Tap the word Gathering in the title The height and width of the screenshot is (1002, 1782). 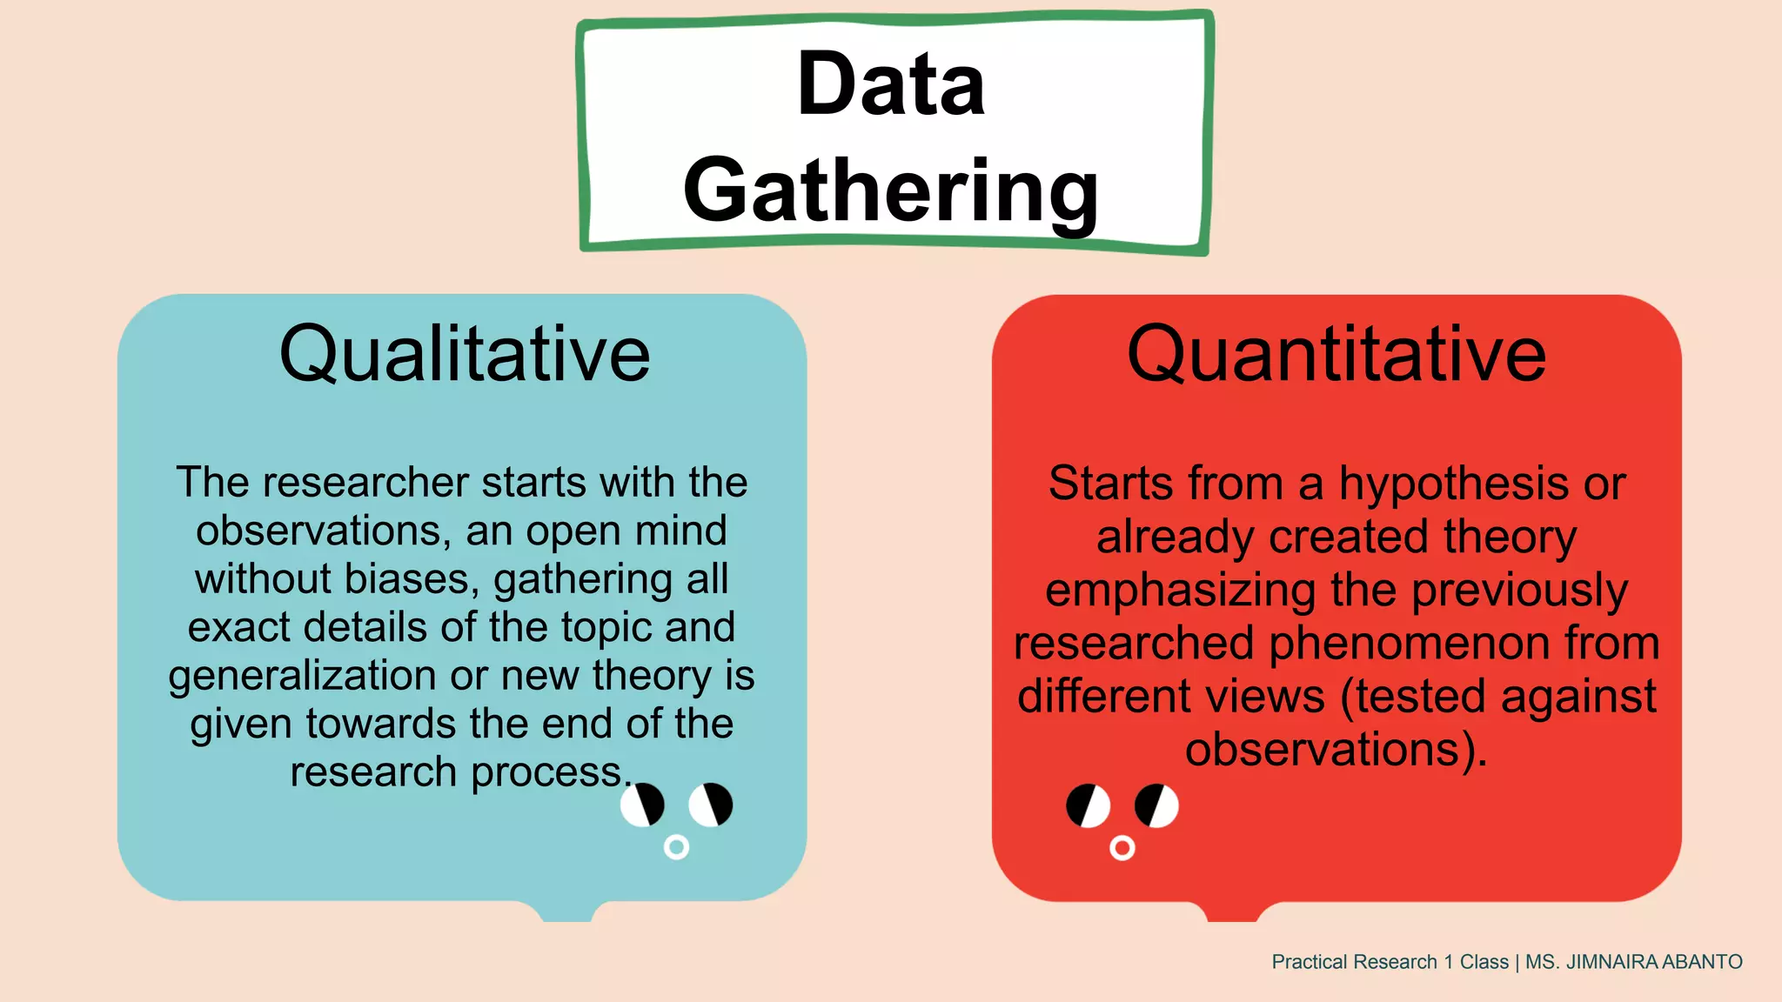point(891,191)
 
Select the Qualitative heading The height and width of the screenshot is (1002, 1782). point(465,354)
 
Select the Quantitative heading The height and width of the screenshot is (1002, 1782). point(1336,354)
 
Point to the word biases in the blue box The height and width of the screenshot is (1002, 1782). point(411,579)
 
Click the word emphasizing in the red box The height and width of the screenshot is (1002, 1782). point(1180,591)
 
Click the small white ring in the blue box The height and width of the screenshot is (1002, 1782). point(676,846)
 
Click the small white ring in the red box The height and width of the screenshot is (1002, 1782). point(1122,847)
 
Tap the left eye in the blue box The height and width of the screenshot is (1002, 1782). point(642,805)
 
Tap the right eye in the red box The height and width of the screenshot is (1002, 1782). point(1156,805)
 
